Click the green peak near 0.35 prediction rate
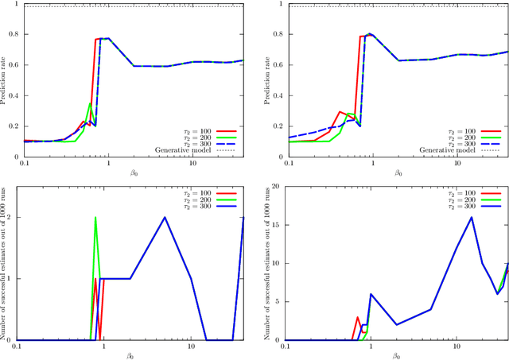(90, 103)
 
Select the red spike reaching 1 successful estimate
(95, 279)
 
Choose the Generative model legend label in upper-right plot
(446, 149)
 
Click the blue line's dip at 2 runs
(397, 324)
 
